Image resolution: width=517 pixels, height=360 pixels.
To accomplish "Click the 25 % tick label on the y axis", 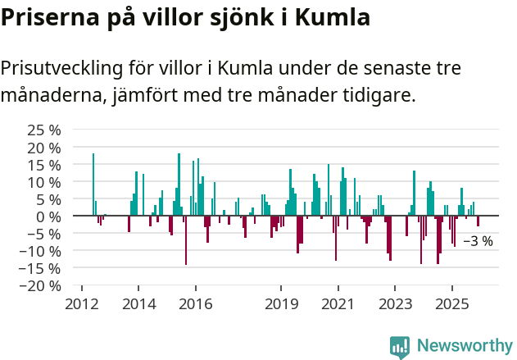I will pos(43,130).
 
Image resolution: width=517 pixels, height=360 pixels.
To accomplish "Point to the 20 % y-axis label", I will pos(43,148).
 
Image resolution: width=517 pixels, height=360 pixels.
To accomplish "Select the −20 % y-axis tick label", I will pos(40,285).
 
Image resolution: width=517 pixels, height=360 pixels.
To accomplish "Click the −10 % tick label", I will pos(40,251).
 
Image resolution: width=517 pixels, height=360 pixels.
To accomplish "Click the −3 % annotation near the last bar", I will pos(478,241).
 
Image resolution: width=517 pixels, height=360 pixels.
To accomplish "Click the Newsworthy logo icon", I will pos(400,347).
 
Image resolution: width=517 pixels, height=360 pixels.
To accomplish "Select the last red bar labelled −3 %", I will pos(478,221).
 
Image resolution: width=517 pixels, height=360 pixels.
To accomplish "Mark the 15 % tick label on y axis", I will pos(43,165).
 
